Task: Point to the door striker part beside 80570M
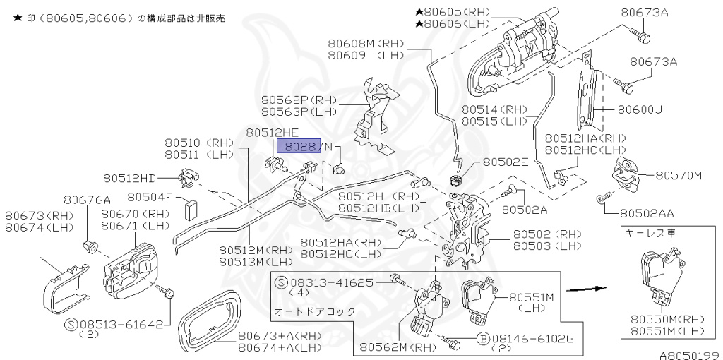pyautogui.click(x=627, y=172)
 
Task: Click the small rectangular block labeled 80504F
pyautogui.click(x=189, y=209)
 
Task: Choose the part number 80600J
pyautogui.click(x=640, y=109)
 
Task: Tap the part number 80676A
pyautogui.click(x=87, y=200)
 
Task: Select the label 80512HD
pyautogui.click(x=130, y=179)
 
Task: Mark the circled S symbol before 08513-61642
pyautogui.click(x=71, y=325)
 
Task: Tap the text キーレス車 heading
pyautogui.click(x=645, y=233)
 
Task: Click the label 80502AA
pyautogui.click(x=647, y=212)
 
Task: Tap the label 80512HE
pyautogui.click(x=272, y=132)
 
